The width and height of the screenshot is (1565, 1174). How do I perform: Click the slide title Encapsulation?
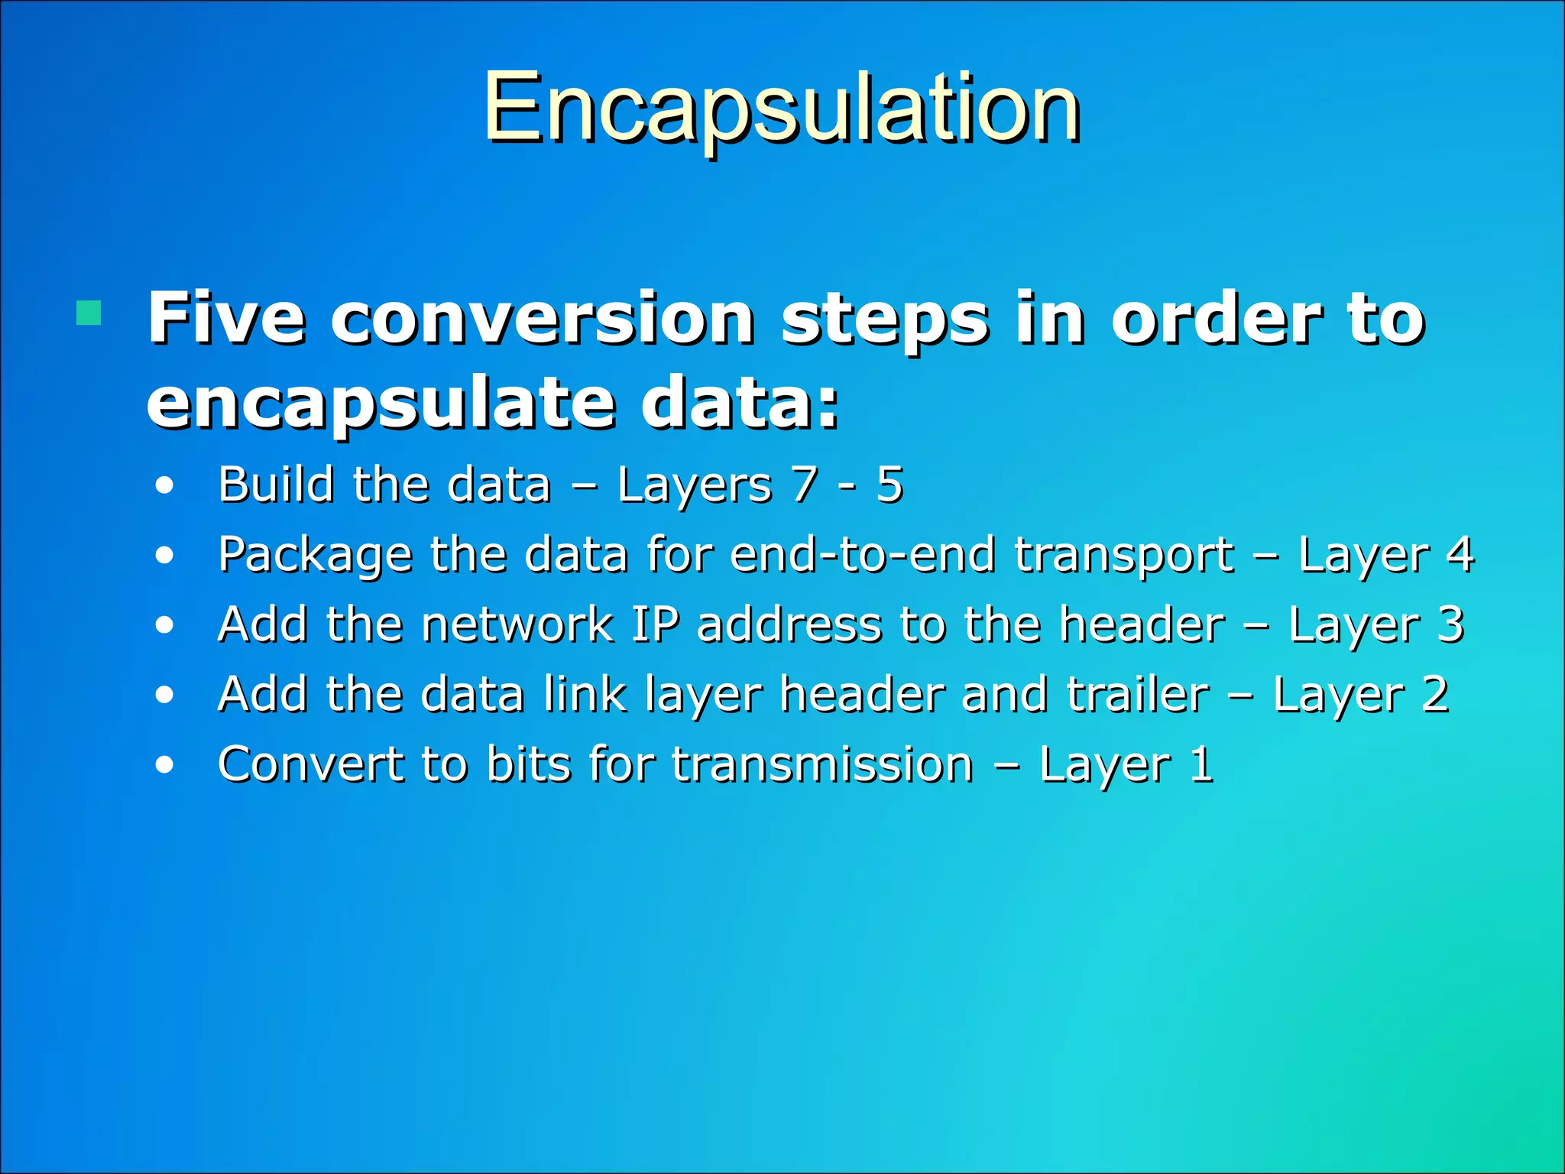(781, 109)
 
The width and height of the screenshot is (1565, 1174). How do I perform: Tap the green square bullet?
(89, 313)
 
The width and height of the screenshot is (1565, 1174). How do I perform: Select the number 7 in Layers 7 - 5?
(805, 485)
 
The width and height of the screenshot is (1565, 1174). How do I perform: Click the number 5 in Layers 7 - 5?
(889, 485)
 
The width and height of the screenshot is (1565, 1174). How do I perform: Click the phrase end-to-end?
(864, 555)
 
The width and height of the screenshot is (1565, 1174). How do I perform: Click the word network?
(517, 625)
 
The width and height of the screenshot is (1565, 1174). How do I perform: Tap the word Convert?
(310, 764)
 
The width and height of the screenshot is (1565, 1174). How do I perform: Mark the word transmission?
(822, 764)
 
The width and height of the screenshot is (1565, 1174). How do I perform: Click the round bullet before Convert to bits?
(164, 765)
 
